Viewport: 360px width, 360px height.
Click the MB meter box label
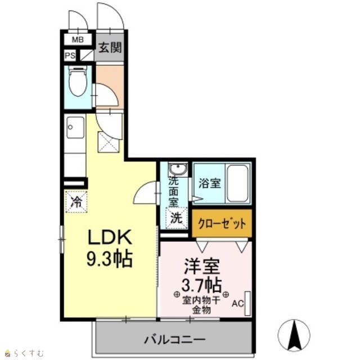pyautogui.click(x=78, y=40)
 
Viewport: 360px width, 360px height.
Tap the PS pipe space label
pyautogui.click(x=70, y=56)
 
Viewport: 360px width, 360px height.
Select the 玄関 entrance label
pyautogui.click(x=110, y=48)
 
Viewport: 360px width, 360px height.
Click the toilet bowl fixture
pyautogui.click(x=78, y=81)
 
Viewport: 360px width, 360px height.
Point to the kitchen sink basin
pyautogui.click(x=75, y=128)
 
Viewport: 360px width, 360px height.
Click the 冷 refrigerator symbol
pyautogui.click(x=76, y=202)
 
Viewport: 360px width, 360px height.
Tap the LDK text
pyautogui.click(x=110, y=237)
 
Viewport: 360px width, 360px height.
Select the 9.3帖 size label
pyautogui.click(x=110, y=259)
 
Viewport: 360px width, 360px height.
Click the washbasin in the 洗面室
pyautogui.click(x=178, y=169)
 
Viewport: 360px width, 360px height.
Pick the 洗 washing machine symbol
pyautogui.click(x=177, y=218)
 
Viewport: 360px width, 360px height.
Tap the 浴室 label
pyautogui.click(x=210, y=183)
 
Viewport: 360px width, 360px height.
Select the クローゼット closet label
pyautogui.click(x=222, y=223)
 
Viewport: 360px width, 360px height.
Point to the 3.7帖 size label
pyautogui.click(x=201, y=285)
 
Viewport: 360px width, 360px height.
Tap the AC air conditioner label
pyautogui.click(x=237, y=304)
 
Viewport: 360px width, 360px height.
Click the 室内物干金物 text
pyautogui.click(x=201, y=305)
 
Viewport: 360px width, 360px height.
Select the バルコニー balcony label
pyautogui.click(x=174, y=339)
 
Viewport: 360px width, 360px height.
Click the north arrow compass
pyautogui.click(x=294, y=335)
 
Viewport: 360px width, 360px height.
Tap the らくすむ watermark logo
pyautogui.click(x=25, y=353)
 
